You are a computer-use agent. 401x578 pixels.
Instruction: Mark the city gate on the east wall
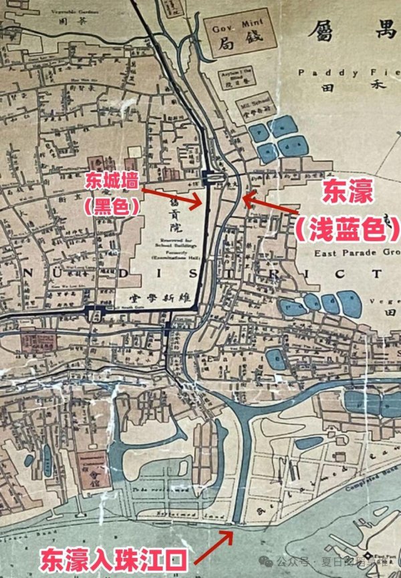coord(213,178)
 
